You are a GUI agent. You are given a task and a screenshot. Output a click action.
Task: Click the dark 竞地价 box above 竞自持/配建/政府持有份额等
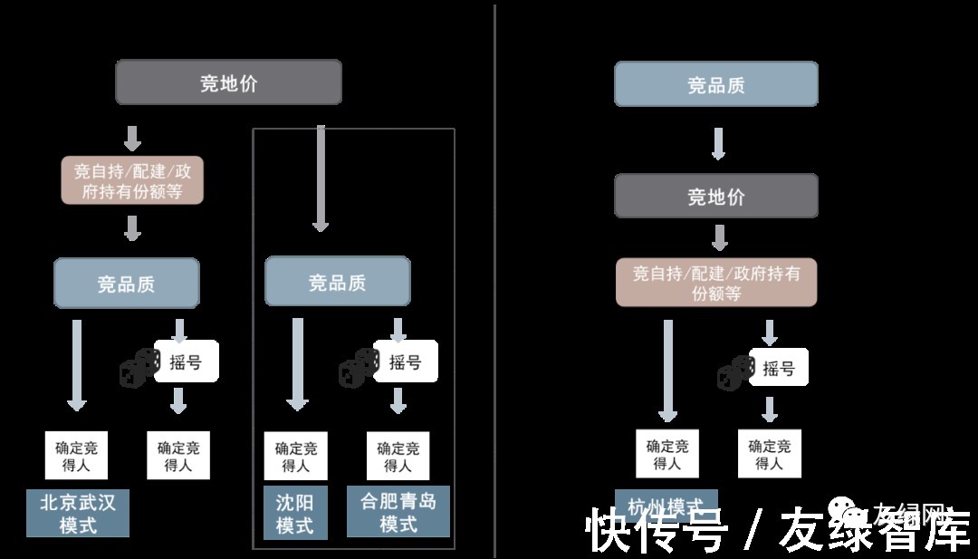pyautogui.click(x=228, y=83)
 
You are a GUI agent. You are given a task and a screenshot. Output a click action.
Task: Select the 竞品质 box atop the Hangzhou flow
pyautogui.click(x=715, y=85)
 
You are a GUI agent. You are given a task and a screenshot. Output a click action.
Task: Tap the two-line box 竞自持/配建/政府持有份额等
pyautogui.click(x=132, y=180)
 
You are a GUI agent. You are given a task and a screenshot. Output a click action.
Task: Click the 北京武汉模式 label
pyautogui.click(x=78, y=514)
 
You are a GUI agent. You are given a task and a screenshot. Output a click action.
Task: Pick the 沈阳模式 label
pyautogui.click(x=294, y=513)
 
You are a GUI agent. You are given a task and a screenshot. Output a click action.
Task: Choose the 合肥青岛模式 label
pyautogui.click(x=398, y=512)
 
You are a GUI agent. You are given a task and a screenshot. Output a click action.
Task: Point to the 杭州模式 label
pyautogui.click(x=666, y=504)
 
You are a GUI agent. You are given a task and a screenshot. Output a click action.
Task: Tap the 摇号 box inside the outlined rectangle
pyautogui.click(x=405, y=361)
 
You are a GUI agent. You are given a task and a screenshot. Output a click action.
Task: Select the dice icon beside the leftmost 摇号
pyautogui.click(x=139, y=369)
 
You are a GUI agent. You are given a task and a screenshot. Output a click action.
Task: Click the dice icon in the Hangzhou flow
pyautogui.click(x=736, y=372)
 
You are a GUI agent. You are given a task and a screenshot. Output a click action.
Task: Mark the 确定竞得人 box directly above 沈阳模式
pyautogui.click(x=295, y=456)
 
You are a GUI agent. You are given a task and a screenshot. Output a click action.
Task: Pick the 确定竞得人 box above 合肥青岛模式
pyautogui.click(x=398, y=456)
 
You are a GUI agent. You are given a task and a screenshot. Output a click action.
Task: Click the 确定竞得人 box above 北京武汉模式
pyautogui.click(x=76, y=456)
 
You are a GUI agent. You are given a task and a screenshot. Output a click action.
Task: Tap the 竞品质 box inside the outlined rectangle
pyautogui.click(x=337, y=282)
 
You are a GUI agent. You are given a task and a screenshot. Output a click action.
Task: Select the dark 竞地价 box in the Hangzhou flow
pyautogui.click(x=715, y=197)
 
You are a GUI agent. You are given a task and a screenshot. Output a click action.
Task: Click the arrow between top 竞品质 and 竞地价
pyautogui.click(x=718, y=143)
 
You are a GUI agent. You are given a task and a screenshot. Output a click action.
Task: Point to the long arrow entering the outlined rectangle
pyautogui.click(x=320, y=178)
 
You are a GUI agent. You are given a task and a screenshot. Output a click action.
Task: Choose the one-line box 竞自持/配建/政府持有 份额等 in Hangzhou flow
pyautogui.click(x=715, y=283)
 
